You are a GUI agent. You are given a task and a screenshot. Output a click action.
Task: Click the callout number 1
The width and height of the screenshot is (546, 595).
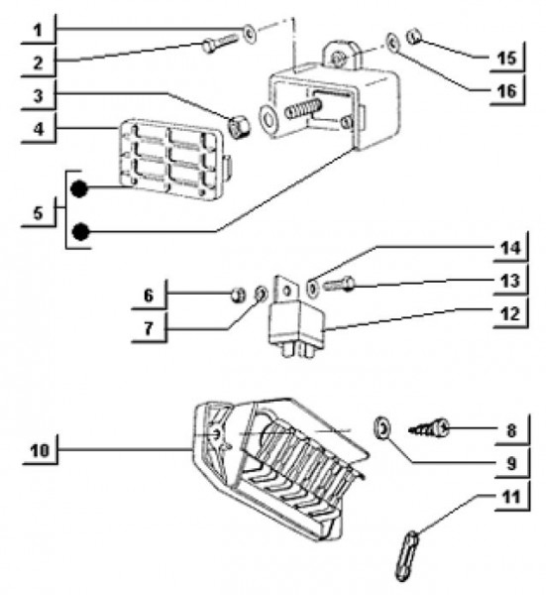37,31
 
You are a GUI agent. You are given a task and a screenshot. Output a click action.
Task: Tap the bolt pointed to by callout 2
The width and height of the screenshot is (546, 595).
220,43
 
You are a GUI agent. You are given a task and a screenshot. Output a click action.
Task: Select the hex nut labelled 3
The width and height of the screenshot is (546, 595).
239,126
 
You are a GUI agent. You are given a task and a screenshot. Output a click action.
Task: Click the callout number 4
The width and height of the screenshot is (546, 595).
39,129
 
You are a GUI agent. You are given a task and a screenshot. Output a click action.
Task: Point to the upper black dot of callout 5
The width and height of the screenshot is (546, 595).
79,188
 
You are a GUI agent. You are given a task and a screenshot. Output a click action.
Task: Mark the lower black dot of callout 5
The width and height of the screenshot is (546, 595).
80,232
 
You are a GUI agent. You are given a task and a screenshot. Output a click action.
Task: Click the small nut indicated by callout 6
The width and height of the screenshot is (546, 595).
238,295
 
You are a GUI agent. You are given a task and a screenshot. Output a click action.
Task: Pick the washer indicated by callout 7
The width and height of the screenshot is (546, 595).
261,294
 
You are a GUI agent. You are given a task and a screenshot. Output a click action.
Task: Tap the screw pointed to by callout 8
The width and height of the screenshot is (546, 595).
429,429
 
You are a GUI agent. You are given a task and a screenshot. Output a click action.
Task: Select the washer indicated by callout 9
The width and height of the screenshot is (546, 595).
382,428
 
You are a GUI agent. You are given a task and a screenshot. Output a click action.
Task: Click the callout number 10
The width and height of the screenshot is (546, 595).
40,450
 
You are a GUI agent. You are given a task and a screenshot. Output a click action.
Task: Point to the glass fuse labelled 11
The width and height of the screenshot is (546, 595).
406,554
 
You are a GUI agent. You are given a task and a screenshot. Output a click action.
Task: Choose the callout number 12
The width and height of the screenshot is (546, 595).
510,313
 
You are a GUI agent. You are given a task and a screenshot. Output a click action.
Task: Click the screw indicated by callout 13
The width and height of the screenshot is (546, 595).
339,285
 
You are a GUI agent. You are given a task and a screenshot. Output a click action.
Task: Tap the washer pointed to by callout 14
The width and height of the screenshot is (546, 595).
312,289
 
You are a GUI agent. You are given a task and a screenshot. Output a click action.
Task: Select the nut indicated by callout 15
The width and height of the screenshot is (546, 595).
414,37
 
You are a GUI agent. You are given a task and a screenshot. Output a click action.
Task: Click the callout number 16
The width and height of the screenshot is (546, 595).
507,91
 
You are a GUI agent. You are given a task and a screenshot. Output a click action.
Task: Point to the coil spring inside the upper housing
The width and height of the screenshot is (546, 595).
303,107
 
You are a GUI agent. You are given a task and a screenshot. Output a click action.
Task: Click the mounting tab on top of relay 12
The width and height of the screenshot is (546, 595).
287,291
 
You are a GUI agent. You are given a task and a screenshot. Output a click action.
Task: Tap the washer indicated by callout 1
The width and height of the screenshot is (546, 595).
249,34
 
